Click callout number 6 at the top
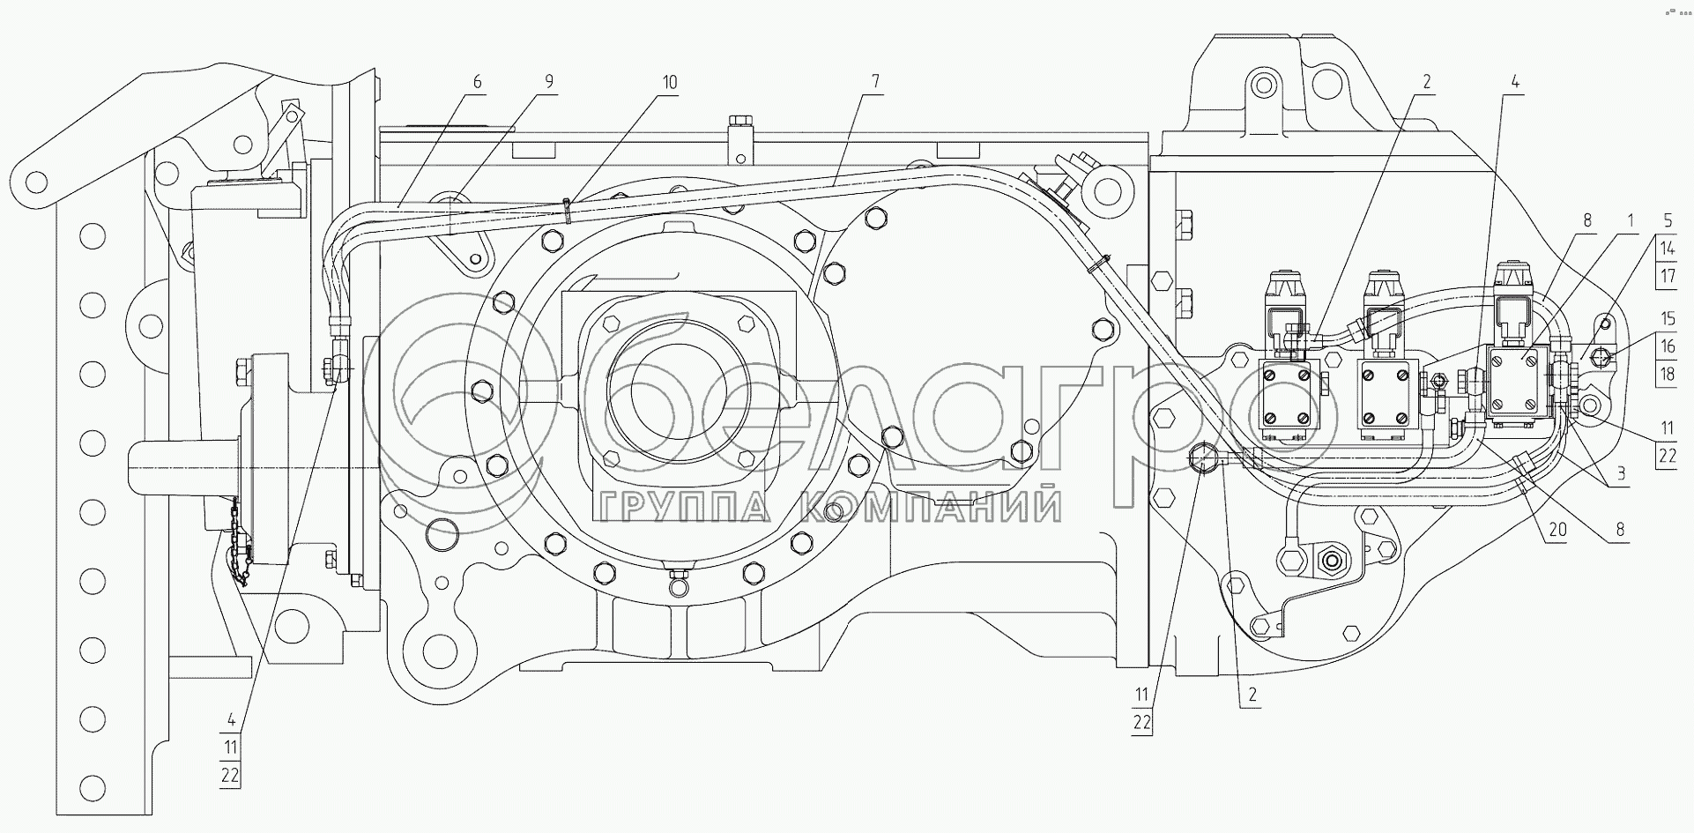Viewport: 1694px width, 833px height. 478,82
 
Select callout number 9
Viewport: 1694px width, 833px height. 549,82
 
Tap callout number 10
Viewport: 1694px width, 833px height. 670,82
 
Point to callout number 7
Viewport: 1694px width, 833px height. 874,82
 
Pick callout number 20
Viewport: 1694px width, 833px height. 1558,531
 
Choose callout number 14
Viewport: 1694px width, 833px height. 1667,249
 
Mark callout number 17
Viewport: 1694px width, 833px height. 1667,275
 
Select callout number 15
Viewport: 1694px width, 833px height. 1667,319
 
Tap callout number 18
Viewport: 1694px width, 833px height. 1667,374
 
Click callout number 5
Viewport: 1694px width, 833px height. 1667,220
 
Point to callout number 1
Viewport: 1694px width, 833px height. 1631,220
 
